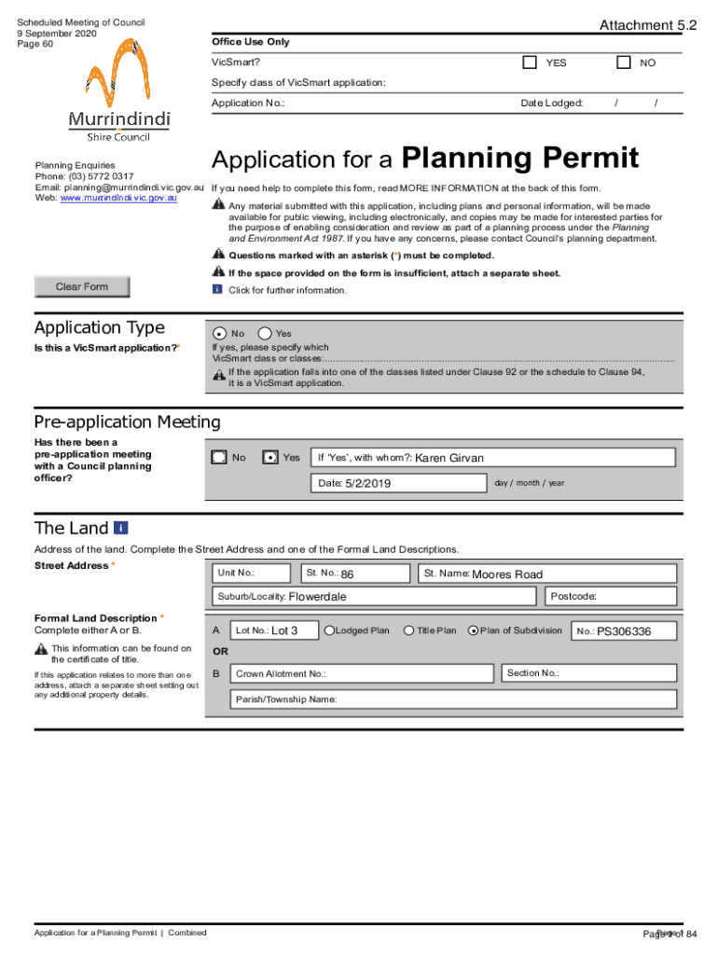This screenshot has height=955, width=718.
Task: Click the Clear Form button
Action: [82, 287]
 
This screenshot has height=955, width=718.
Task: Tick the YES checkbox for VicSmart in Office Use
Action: [530, 62]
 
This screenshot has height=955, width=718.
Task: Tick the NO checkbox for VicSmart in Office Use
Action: [624, 62]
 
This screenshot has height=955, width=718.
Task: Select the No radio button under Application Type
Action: [219, 333]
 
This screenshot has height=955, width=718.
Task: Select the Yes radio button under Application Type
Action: [265, 333]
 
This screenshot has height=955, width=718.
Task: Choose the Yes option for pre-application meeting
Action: [270, 457]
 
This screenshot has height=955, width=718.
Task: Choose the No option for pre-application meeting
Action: [219, 457]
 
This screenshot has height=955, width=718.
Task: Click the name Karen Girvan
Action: [449, 458]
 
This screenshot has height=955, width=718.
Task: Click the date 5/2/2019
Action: [367, 483]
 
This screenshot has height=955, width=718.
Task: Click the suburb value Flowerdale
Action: [317, 597]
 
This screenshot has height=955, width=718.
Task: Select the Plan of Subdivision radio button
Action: [473, 630]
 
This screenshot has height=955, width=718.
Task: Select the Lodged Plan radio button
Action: [329, 630]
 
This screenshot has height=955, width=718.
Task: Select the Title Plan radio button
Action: [409, 630]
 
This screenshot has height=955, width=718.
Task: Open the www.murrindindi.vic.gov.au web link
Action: [118, 199]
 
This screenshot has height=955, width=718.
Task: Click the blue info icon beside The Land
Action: [121, 528]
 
